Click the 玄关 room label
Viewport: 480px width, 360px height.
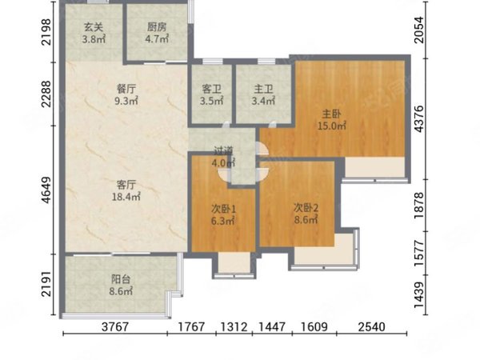click(x=94, y=27)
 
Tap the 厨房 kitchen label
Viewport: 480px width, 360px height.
click(x=157, y=27)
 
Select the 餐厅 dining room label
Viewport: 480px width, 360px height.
click(x=126, y=89)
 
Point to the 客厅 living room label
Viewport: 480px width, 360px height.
click(x=126, y=185)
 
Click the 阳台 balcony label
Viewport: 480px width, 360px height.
click(x=121, y=279)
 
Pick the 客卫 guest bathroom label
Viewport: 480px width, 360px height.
click(x=211, y=89)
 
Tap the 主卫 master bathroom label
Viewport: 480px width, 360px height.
click(x=263, y=89)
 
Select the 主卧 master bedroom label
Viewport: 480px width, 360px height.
click(x=331, y=114)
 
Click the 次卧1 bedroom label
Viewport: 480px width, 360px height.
click(x=224, y=209)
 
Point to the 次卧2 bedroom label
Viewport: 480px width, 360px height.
click(x=306, y=208)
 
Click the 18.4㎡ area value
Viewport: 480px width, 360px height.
click(x=126, y=197)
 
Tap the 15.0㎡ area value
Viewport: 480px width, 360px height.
click(x=332, y=126)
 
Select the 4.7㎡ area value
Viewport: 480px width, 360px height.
click(x=157, y=39)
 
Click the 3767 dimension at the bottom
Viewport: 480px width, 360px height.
click(x=114, y=326)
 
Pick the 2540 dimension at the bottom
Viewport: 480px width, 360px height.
click(x=372, y=326)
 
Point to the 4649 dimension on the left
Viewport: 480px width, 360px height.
click(x=47, y=190)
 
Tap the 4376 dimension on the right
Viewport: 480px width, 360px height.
click(x=419, y=118)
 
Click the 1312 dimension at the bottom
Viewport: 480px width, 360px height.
click(x=234, y=326)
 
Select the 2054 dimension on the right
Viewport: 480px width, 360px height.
click(x=419, y=30)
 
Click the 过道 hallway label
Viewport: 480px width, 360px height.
click(x=223, y=150)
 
